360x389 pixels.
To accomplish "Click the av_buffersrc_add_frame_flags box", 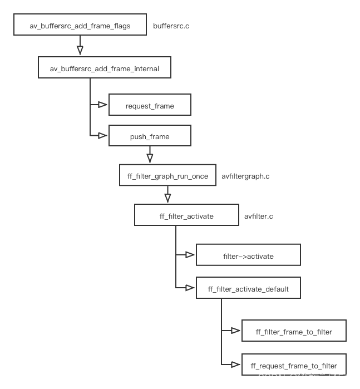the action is (80, 26).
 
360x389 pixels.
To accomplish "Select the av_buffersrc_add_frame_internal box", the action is (105, 69).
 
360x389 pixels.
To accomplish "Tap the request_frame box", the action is (150, 106).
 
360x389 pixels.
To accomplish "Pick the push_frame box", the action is (150, 136).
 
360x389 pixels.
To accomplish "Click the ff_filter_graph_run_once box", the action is (167, 176).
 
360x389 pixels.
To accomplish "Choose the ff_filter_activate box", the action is (186, 216).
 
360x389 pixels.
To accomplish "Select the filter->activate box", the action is (248, 256).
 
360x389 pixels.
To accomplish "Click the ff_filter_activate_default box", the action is (248, 289).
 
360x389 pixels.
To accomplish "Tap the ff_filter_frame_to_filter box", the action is (294, 332).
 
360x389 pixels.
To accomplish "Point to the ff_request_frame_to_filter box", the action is (294, 366).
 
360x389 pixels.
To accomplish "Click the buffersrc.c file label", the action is (171, 26).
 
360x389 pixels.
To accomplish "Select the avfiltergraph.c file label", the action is (245, 176).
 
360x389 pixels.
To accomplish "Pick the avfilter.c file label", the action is (259, 216).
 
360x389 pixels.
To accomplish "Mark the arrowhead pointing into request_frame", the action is (102, 104).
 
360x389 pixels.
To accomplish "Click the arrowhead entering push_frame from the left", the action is (102, 135).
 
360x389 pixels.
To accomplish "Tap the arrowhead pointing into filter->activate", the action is (190, 255).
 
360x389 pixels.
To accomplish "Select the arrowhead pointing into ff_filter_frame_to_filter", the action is (236, 331).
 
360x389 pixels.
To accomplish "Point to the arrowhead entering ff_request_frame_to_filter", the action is (236, 364).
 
